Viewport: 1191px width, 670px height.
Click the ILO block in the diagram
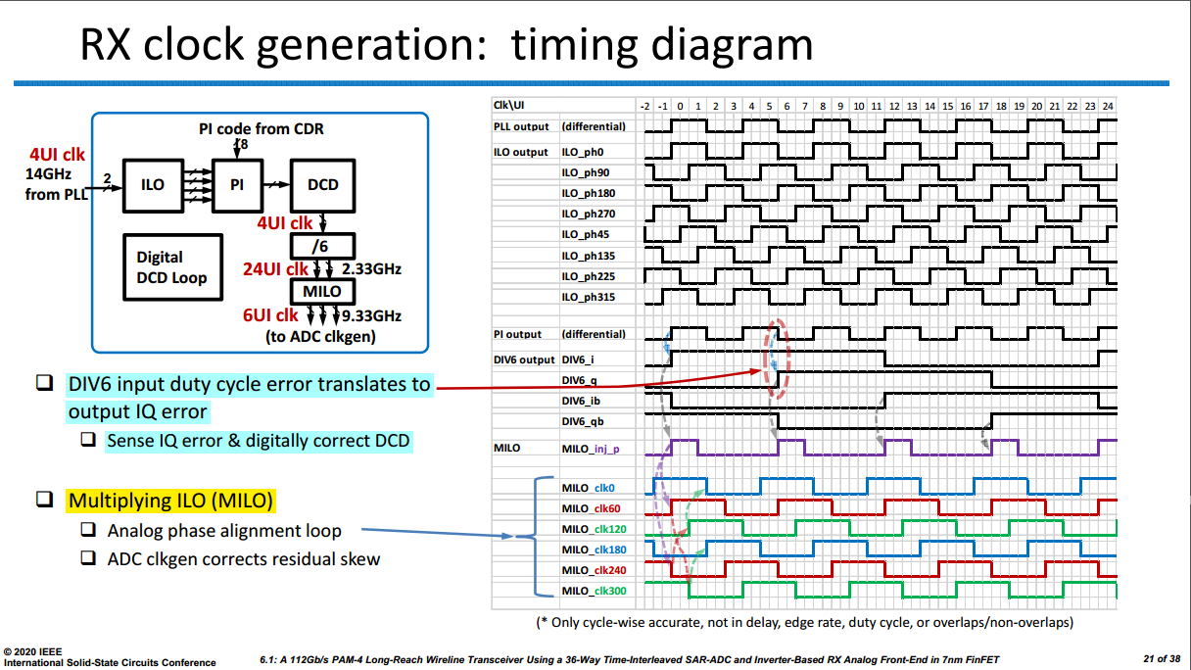click(153, 185)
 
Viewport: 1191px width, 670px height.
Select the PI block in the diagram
click(237, 185)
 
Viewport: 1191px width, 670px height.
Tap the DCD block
click(323, 185)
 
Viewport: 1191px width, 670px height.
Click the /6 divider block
click(323, 246)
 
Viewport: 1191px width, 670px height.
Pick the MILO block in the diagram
click(323, 291)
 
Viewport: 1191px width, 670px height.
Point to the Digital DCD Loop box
click(172, 267)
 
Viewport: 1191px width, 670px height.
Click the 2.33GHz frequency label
click(371, 269)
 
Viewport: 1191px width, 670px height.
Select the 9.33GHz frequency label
click(371, 315)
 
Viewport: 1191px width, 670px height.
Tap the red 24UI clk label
click(275, 269)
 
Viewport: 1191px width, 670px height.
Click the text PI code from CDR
click(262, 128)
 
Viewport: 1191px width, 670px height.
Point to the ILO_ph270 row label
click(588, 214)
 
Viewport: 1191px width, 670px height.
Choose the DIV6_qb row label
click(583, 421)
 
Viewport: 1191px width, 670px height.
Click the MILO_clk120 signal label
click(594, 529)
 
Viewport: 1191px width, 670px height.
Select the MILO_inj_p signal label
click(591, 449)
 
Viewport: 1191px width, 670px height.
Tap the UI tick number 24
click(1108, 107)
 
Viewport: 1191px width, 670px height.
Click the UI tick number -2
click(644, 107)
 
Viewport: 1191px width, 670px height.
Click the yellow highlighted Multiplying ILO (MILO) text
click(170, 501)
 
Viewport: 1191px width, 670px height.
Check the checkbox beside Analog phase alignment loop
click(88, 530)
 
